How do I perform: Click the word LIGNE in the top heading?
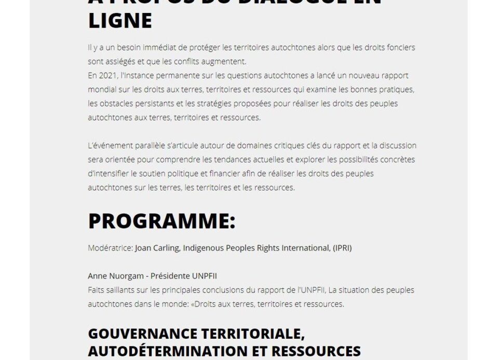(120, 21)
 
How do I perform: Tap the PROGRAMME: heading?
(161, 220)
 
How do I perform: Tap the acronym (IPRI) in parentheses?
(342, 248)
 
